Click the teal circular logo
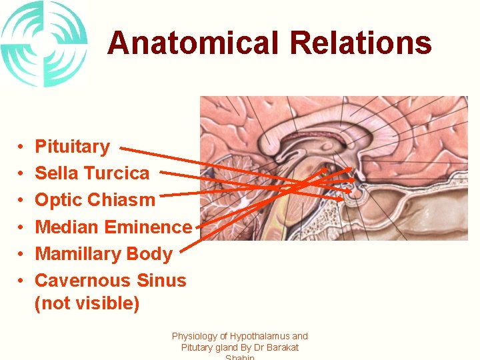pos(44,44)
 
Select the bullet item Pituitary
pos(72,147)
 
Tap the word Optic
pos(59,200)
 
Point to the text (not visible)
pos(87,303)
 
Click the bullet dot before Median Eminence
pos(22,227)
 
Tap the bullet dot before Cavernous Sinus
pos(22,281)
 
